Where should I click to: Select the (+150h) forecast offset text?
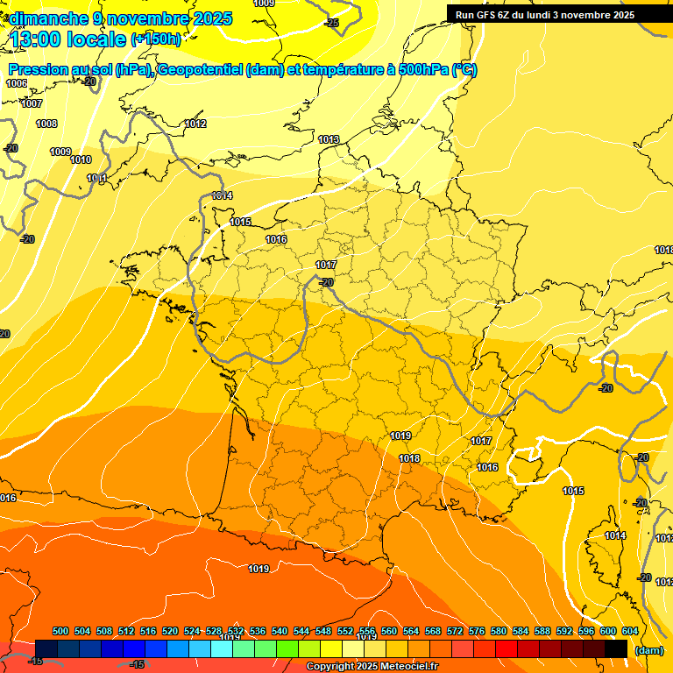[x=156, y=39]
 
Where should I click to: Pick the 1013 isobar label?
[x=329, y=140]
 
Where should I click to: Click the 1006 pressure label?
[x=17, y=84]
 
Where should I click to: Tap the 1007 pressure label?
[x=32, y=104]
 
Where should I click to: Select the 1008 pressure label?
[x=46, y=124]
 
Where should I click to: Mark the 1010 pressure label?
[x=81, y=160]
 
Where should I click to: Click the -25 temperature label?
[x=331, y=23]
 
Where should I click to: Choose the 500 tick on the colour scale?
[x=60, y=632]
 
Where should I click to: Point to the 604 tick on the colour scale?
[x=630, y=632]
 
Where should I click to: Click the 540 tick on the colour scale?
[x=280, y=632]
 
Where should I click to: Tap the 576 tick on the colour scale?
[x=477, y=632]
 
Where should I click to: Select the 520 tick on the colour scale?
[x=170, y=632]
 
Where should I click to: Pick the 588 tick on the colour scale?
[x=542, y=632]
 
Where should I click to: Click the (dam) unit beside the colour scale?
[x=649, y=650]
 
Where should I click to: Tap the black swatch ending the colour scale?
[x=616, y=648]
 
